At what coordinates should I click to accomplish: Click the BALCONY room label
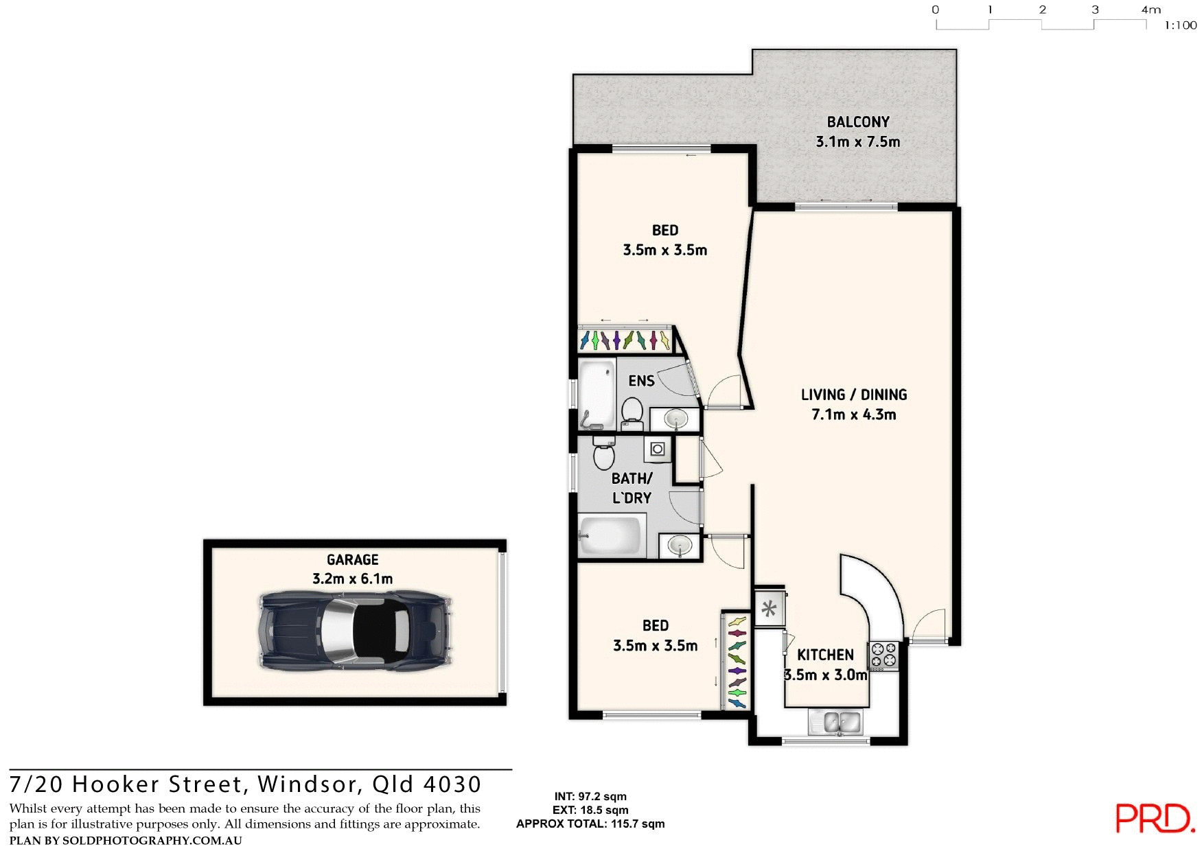857,122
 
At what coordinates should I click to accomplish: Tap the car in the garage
355,630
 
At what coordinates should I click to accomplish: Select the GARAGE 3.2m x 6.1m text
352,570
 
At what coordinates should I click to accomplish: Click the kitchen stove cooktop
884,655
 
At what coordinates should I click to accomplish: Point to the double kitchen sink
842,722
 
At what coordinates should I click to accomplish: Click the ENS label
641,381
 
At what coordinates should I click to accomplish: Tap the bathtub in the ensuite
597,394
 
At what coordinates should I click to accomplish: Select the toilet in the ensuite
632,412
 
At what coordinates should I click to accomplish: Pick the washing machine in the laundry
658,450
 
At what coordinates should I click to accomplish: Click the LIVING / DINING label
854,395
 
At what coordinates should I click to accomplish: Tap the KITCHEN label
825,655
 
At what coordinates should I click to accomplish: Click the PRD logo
1155,818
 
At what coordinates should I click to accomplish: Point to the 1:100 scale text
1180,25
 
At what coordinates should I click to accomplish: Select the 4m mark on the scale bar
1150,10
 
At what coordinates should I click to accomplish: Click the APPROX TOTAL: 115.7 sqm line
590,824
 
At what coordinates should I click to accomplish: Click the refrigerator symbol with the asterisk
769,608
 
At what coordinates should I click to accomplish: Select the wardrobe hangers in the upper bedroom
625,340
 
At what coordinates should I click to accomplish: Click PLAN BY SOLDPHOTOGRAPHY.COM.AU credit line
126,841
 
